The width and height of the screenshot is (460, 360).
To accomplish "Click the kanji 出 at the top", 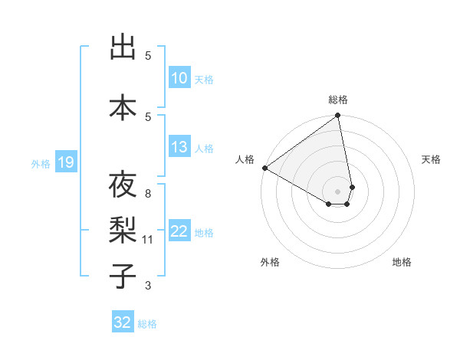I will pyautogui.click(x=123, y=47).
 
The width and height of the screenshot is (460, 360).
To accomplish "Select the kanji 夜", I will pyautogui.click(x=123, y=185).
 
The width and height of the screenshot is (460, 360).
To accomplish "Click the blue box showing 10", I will pyautogui.click(x=179, y=78).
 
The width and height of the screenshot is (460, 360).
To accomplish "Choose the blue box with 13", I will pyautogui.click(x=179, y=147).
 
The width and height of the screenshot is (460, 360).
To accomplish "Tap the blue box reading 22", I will pyautogui.click(x=179, y=231).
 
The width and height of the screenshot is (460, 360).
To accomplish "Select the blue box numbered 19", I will pyautogui.click(x=65, y=162).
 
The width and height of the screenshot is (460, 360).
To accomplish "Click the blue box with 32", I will pyautogui.click(x=123, y=322).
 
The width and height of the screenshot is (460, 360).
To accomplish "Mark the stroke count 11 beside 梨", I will pyautogui.click(x=148, y=240).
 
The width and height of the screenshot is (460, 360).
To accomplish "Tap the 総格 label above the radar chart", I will pyautogui.click(x=338, y=100).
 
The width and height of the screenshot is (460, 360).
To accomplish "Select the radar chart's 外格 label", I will pyautogui.click(x=270, y=262).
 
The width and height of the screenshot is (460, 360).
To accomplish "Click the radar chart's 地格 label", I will pyautogui.click(x=402, y=262).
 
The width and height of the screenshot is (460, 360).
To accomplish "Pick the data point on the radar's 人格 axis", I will pyautogui.click(x=264, y=168).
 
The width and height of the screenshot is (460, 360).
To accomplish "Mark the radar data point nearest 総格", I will pyautogui.click(x=338, y=116).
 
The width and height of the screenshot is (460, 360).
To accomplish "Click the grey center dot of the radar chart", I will pyautogui.click(x=338, y=190).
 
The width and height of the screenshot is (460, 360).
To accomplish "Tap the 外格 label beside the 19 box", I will pyautogui.click(x=41, y=163).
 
